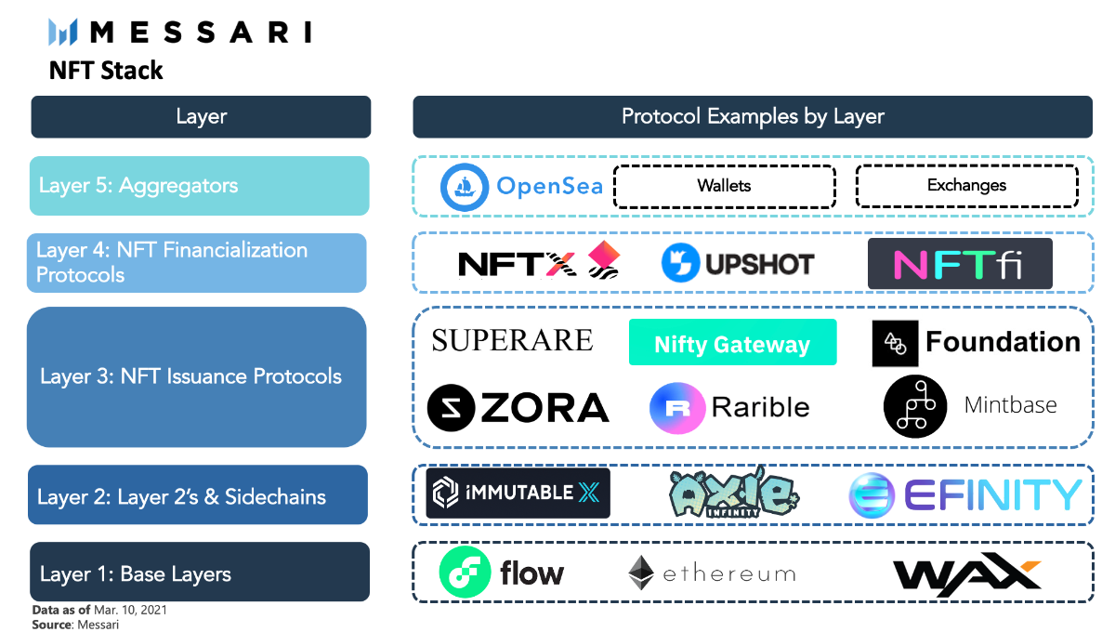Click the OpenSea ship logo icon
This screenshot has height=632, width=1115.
(465, 187)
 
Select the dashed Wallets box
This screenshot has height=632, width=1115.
(724, 186)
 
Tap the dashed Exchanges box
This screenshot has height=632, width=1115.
(966, 186)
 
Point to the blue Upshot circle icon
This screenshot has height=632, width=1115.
(680, 264)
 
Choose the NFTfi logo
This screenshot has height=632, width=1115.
(959, 264)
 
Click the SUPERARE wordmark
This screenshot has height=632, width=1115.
(512, 340)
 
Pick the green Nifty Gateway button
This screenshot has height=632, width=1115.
(732, 343)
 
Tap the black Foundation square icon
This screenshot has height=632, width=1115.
(895, 343)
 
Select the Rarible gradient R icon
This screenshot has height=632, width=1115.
(676, 408)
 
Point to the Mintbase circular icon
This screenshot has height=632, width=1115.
(914, 406)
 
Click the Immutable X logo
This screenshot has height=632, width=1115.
(518, 493)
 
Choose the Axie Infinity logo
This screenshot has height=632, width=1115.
(732, 492)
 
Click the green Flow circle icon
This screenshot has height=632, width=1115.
(464, 573)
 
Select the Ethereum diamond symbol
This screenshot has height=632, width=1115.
(641, 573)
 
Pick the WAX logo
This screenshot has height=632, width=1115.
(966, 573)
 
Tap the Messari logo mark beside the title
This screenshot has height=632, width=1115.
(63, 33)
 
